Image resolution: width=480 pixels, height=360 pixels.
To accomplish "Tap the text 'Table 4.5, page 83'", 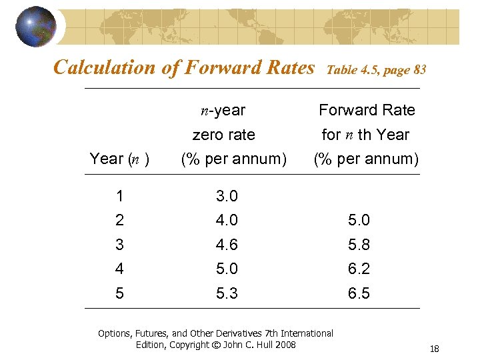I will pyautogui.click(x=377, y=69).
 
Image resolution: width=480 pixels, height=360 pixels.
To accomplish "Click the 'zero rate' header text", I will pyautogui.click(x=223, y=135).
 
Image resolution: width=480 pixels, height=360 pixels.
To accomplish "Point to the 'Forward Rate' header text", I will pyautogui.click(x=367, y=110).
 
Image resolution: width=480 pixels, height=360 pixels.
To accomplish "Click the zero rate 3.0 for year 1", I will pyautogui.click(x=227, y=197).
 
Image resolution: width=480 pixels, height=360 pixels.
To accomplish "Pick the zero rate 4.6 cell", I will pyautogui.click(x=227, y=245).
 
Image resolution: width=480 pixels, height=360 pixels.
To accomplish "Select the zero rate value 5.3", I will pyautogui.click(x=227, y=293).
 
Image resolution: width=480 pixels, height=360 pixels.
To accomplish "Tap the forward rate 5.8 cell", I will pyautogui.click(x=359, y=245).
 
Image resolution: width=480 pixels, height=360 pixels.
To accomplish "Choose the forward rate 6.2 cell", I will pyautogui.click(x=359, y=269).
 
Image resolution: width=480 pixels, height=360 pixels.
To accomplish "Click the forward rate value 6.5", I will pyautogui.click(x=359, y=293).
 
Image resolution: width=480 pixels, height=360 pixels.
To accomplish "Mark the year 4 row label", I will pyautogui.click(x=119, y=269).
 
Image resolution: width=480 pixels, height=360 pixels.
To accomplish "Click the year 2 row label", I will pyautogui.click(x=119, y=220).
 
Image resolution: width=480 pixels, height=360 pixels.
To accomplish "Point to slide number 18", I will pyautogui.click(x=434, y=349).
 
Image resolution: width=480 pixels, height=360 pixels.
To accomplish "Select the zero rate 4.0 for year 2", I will pyautogui.click(x=227, y=220).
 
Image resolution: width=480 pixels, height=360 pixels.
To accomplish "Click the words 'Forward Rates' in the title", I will pyautogui.click(x=262, y=67).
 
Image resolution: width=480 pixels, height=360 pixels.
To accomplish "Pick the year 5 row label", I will pyautogui.click(x=119, y=293).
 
